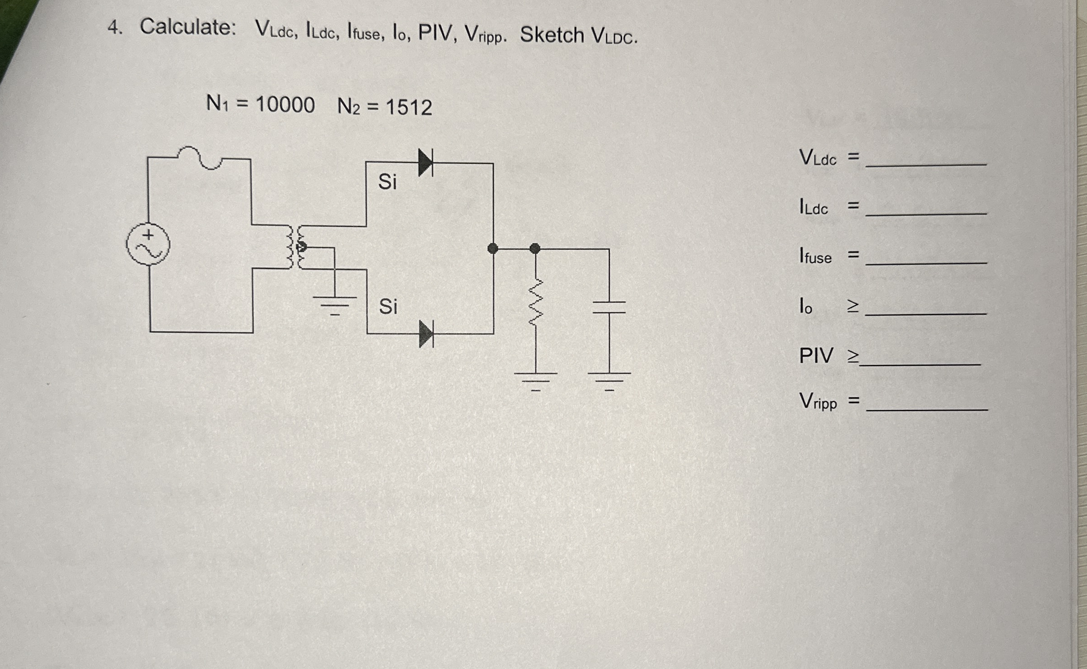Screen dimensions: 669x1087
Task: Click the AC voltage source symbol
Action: click(x=148, y=244)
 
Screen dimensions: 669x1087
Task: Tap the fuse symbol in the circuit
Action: click(x=200, y=158)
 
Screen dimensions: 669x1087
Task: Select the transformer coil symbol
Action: click(x=294, y=247)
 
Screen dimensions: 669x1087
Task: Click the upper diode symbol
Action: click(x=425, y=162)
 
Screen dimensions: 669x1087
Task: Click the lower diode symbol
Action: click(x=426, y=334)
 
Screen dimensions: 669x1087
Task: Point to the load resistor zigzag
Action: click(x=536, y=302)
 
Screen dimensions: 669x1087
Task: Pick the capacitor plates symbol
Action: click(x=609, y=307)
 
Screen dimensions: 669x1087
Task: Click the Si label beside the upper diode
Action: click(x=387, y=182)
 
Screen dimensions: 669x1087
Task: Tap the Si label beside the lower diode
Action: click(x=388, y=307)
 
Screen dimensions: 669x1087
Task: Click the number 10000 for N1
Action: click(x=285, y=105)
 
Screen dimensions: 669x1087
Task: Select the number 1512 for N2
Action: click(x=409, y=107)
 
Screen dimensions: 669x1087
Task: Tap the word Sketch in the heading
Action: click(x=552, y=35)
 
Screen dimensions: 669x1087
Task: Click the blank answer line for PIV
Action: click(x=920, y=363)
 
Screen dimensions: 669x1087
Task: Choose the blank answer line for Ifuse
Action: click(x=926, y=262)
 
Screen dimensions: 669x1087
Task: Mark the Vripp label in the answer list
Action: click(x=818, y=401)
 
